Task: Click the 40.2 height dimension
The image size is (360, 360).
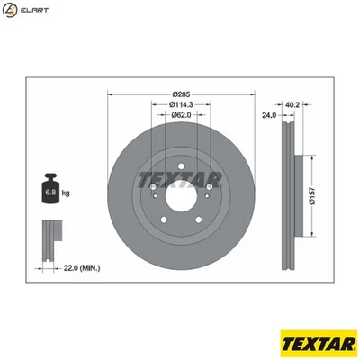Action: coord(291,104)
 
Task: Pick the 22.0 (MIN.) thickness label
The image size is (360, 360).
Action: coord(82,267)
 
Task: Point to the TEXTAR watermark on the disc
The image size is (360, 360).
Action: coord(179,177)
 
